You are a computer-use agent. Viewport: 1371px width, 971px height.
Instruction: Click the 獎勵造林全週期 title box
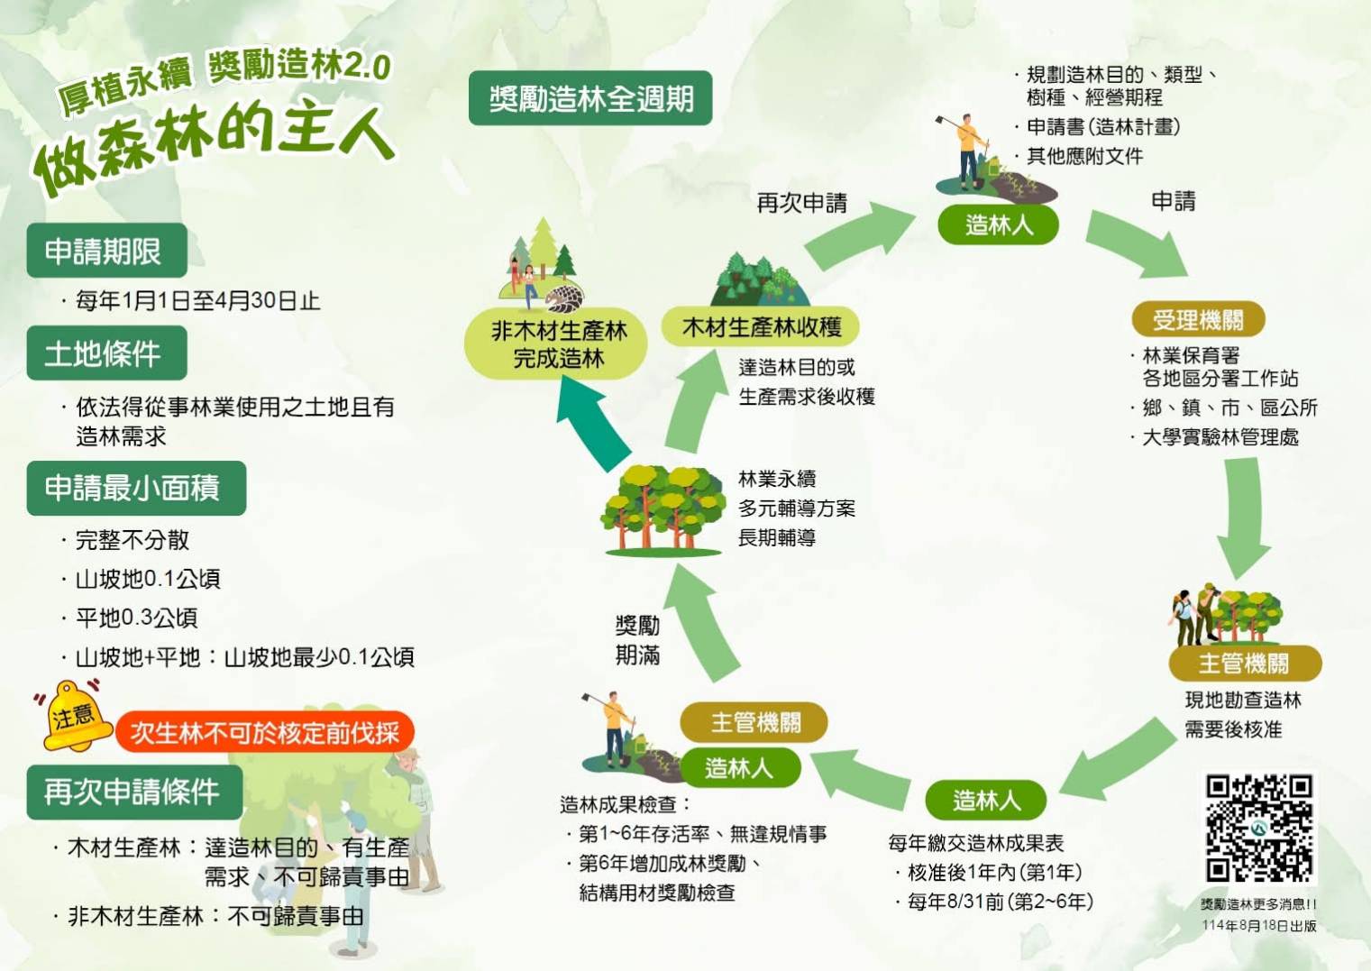[590, 98]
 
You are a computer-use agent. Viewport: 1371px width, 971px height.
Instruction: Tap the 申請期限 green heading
[106, 251]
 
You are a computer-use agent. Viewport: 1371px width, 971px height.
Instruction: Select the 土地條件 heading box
[106, 353]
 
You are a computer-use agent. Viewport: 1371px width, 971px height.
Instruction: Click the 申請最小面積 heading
[136, 488]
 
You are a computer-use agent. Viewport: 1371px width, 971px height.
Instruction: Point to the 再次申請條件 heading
[134, 792]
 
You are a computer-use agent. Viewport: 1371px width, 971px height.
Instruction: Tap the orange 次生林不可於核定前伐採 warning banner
[264, 732]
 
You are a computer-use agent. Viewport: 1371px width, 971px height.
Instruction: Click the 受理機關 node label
[1198, 319]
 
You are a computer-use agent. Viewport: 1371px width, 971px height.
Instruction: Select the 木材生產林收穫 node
[760, 326]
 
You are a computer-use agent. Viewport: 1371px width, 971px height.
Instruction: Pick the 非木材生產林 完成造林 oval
[556, 344]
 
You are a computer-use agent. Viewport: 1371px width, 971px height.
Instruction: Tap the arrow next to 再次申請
[858, 234]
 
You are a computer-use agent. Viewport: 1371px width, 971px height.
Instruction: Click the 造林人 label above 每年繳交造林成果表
[986, 800]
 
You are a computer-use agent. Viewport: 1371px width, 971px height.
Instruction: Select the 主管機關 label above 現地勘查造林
[1244, 664]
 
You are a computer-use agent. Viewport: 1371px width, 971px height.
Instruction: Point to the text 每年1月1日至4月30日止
[197, 300]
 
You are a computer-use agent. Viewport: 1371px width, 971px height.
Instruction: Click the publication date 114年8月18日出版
[1258, 926]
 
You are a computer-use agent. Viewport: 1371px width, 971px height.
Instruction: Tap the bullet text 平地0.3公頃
[136, 618]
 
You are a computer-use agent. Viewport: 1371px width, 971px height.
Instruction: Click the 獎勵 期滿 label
[637, 640]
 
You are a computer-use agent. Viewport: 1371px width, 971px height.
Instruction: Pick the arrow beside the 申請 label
[1138, 244]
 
